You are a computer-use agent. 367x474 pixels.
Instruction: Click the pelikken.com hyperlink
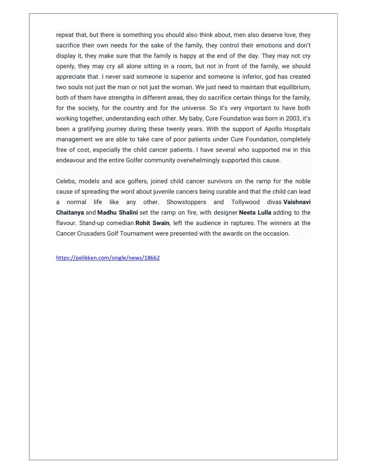tap(108, 258)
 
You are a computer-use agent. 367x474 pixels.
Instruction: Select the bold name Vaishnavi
tap(297, 202)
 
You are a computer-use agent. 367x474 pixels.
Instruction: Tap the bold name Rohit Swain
tap(152, 223)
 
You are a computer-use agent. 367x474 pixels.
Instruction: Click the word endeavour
tap(72, 160)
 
